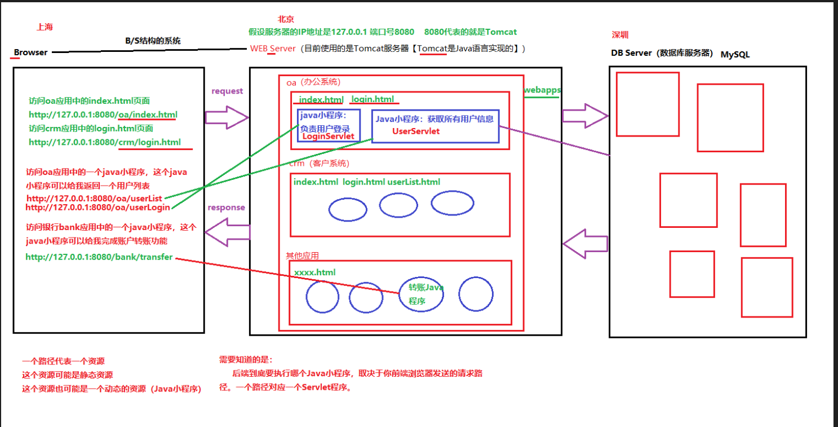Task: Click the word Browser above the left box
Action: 30,52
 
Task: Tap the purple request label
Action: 227,91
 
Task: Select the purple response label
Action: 226,208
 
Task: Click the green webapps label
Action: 542,90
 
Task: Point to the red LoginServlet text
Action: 328,137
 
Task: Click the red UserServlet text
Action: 416,131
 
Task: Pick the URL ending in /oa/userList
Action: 94,199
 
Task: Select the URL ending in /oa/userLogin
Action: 97,208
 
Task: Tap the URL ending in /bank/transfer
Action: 99,257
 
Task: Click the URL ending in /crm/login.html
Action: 105,142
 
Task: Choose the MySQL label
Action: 735,55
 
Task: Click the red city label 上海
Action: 45,27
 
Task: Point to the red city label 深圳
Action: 620,35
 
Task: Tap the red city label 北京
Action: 286,20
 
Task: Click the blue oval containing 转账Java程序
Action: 421,294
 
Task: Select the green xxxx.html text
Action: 314,272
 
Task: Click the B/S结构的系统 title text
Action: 153,41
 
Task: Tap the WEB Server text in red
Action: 273,49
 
